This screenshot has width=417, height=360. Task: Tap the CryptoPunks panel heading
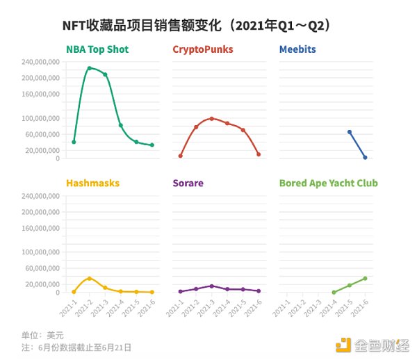pyautogui.click(x=202, y=49)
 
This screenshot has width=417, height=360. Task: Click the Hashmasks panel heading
pyautogui.click(x=92, y=183)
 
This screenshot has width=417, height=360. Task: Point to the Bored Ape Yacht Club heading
pyautogui.click(x=328, y=183)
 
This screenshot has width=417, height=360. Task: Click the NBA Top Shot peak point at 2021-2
pyautogui.click(x=89, y=68)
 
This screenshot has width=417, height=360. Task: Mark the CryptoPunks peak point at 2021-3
pyautogui.click(x=211, y=119)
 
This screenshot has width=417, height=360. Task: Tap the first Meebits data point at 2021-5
pyautogui.click(x=349, y=132)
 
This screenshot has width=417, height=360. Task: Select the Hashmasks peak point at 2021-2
pyautogui.click(x=89, y=278)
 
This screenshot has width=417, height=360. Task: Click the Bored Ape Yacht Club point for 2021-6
pyautogui.click(x=365, y=278)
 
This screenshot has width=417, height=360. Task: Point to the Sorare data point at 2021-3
pyautogui.click(x=211, y=286)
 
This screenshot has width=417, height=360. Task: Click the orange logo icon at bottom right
pyautogui.click(x=344, y=343)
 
